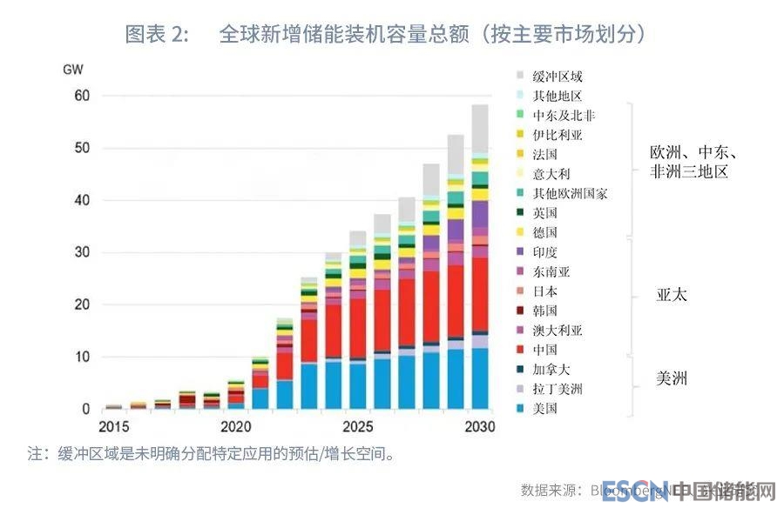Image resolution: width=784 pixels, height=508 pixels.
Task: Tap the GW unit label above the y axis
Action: (73, 68)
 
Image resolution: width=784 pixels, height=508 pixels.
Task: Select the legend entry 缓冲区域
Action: (558, 77)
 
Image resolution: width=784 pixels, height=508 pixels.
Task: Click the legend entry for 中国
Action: (545, 350)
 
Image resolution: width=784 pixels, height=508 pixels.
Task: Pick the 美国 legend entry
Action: (545, 408)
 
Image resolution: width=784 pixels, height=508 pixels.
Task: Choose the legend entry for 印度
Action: (545, 252)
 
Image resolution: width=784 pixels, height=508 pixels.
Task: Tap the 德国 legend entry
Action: (545, 232)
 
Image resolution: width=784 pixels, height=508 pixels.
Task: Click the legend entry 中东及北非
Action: (564, 115)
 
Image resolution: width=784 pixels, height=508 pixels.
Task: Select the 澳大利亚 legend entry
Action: (558, 330)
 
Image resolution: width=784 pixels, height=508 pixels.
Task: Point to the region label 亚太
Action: (672, 295)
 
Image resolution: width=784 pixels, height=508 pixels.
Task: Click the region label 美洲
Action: (672, 378)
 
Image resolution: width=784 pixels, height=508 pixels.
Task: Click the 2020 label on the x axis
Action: (235, 427)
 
